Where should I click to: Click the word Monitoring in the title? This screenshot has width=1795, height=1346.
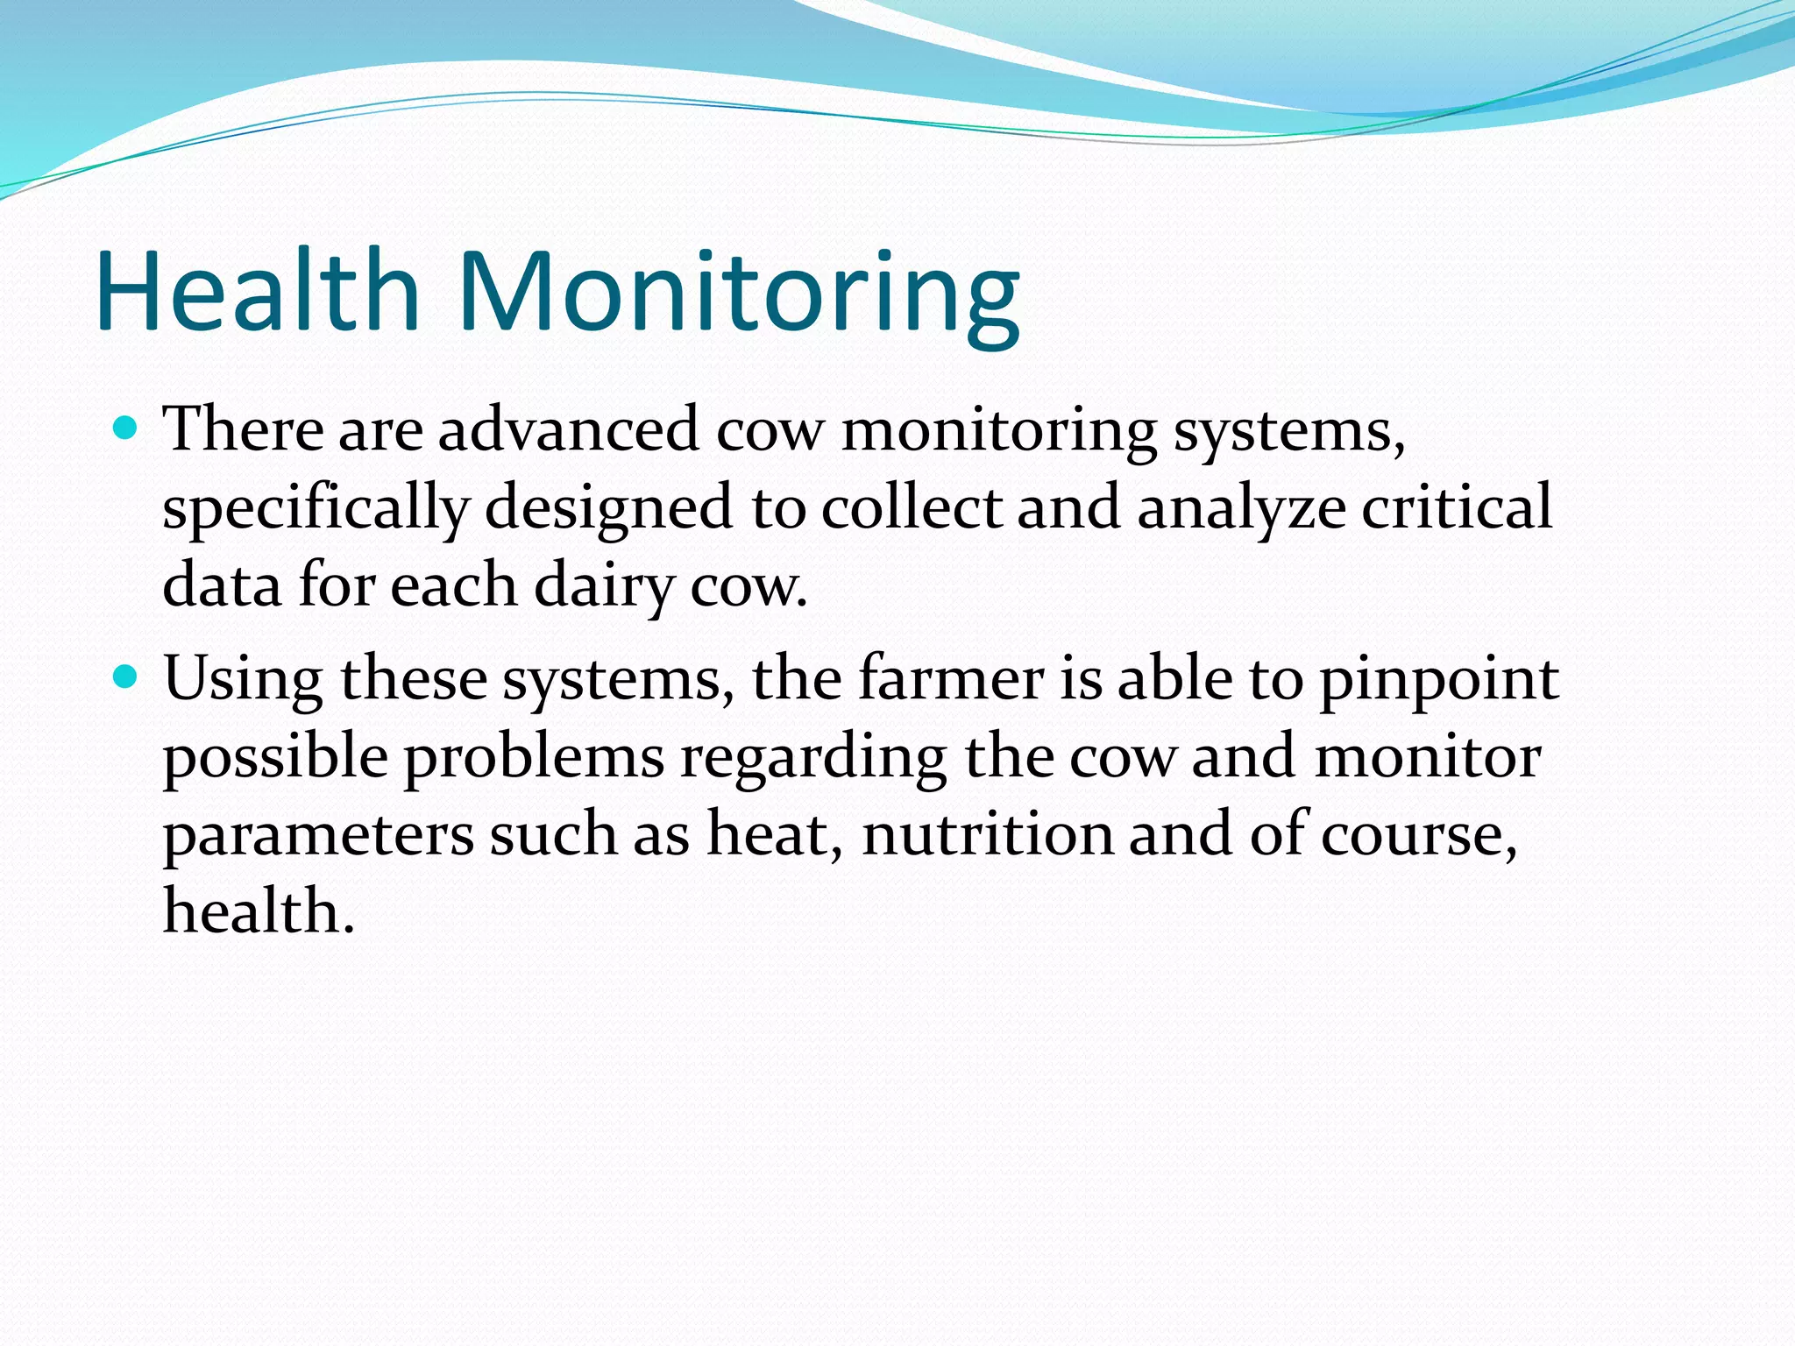tap(739, 294)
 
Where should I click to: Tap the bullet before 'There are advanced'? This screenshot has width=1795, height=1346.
tap(127, 429)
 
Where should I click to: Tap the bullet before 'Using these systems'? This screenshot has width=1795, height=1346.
tap(127, 677)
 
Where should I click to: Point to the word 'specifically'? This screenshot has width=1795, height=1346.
tap(316, 509)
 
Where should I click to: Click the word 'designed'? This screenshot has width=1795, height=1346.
tap(608, 509)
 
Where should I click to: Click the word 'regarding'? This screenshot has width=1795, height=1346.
tap(813, 758)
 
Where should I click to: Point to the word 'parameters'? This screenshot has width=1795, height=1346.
tap(317, 836)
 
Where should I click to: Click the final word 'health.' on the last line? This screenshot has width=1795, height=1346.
tap(259, 910)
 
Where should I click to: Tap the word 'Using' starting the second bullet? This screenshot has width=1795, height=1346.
tap(243, 680)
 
